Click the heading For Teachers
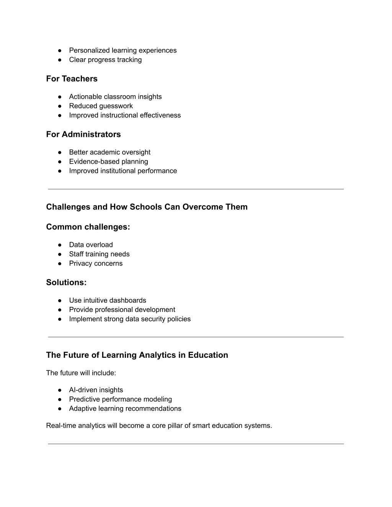coord(72,79)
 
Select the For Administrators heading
coord(83,134)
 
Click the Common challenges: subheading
coord(88,227)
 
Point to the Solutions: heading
coord(66,282)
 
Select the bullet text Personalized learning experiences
coord(122,51)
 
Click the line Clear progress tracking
coord(105,60)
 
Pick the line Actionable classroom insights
coord(115,97)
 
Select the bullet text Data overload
coord(91,245)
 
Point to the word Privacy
coord(80,263)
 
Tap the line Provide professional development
coord(122,310)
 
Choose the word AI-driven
coord(83,390)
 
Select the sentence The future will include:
coord(81,373)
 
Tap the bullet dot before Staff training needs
coord(60,254)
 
